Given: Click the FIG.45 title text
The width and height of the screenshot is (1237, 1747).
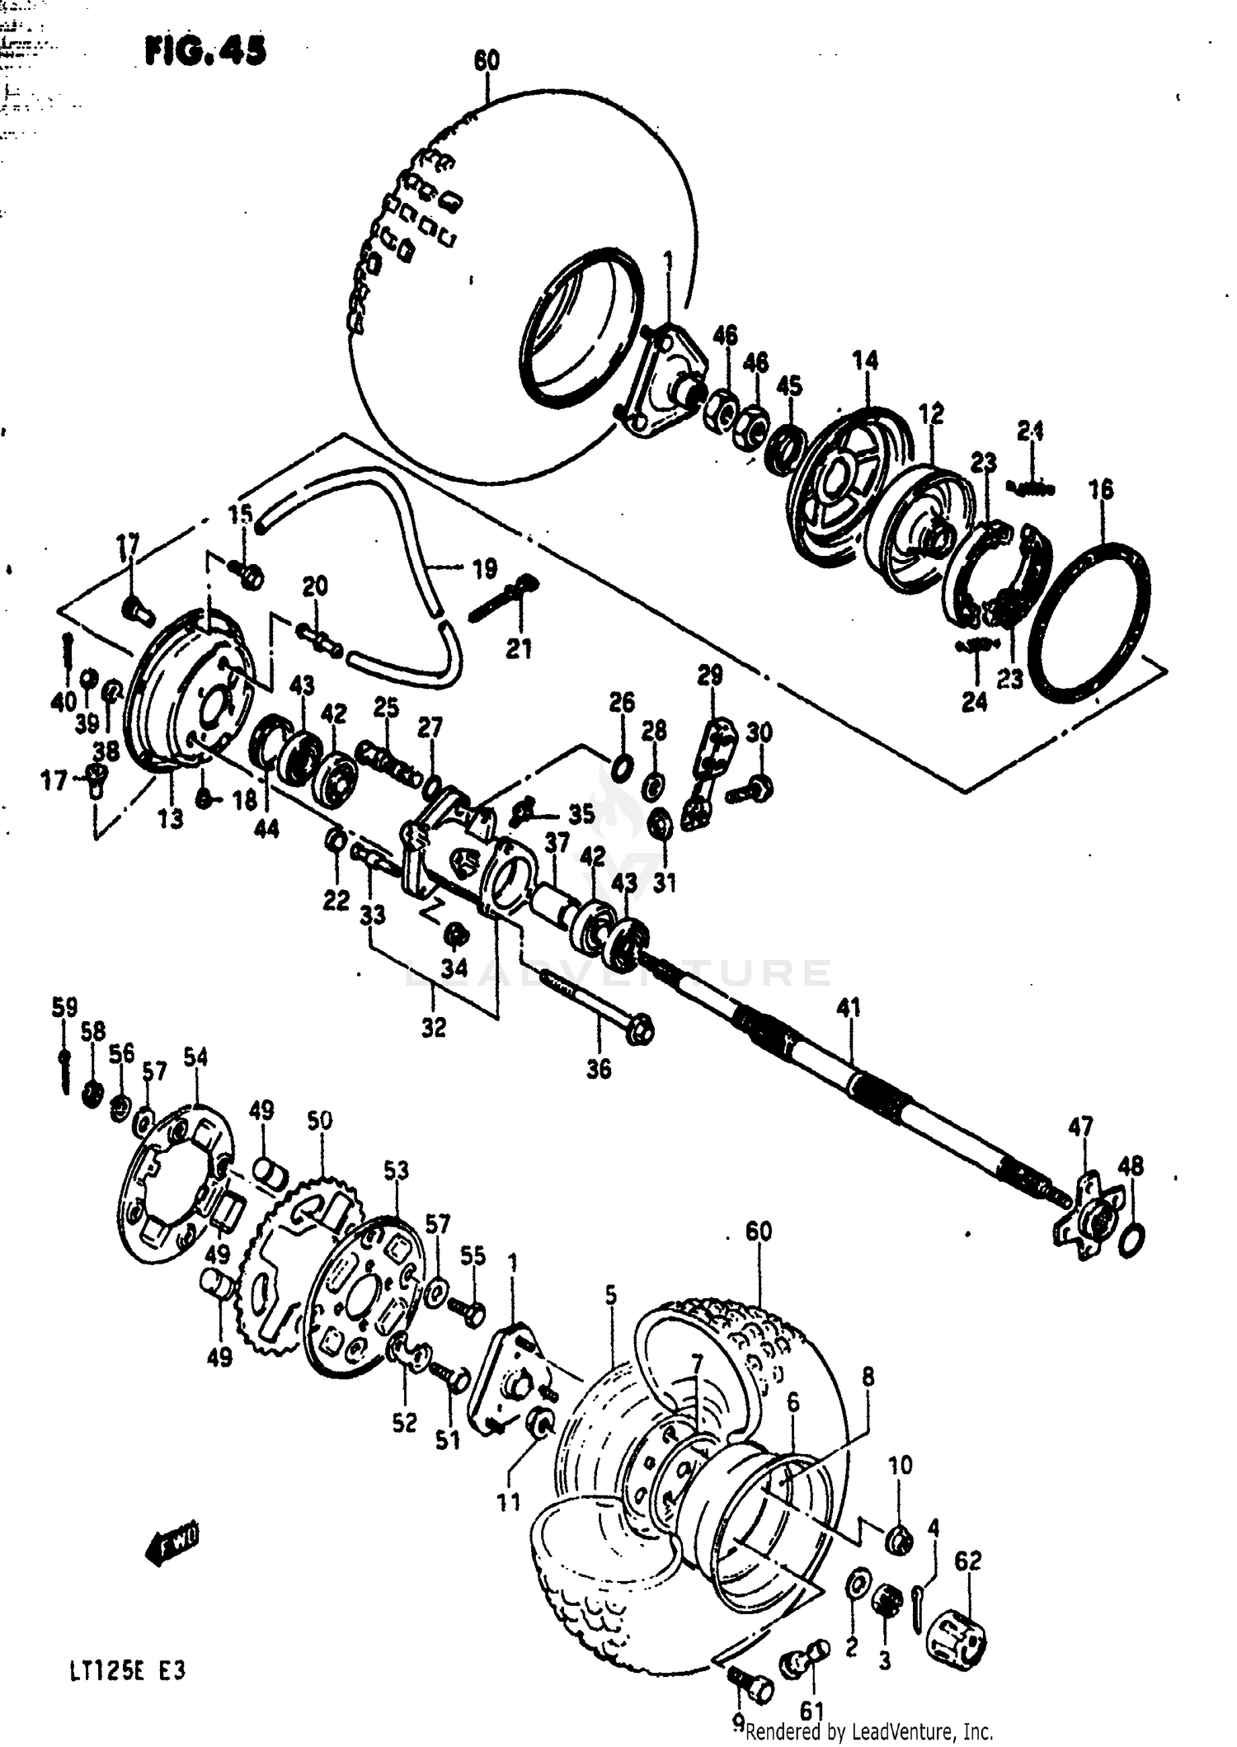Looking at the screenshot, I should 206,52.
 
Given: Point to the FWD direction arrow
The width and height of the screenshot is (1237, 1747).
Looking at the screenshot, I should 172,1543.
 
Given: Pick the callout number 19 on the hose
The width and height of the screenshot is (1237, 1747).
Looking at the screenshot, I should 485,568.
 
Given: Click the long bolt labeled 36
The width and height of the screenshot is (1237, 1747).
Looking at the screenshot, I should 594,1007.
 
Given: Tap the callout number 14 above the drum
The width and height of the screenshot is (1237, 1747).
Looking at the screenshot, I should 865,360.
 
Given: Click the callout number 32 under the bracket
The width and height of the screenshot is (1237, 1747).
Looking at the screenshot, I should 434,1028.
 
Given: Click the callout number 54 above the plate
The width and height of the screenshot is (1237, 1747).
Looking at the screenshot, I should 195,1057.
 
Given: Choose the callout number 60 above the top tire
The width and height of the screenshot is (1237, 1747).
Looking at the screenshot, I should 487,61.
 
